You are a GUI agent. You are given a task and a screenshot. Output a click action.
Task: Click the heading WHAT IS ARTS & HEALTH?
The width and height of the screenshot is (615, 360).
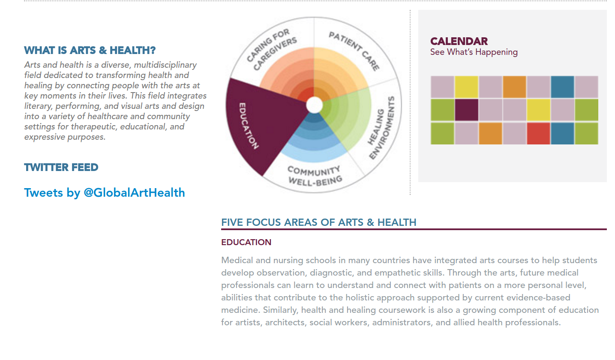click(90, 51)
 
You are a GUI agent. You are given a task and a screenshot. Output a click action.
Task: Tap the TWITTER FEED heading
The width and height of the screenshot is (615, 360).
click(61, 168)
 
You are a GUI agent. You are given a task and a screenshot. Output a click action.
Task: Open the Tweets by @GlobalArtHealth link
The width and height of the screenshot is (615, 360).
click(104, 193)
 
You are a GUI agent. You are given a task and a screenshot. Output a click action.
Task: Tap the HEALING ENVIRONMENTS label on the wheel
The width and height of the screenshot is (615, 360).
click(381, 128)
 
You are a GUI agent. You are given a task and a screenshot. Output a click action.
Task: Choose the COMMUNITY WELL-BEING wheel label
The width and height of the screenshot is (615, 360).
click(315, 176)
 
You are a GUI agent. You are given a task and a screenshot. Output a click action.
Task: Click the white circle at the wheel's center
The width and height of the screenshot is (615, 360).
click(315, 105)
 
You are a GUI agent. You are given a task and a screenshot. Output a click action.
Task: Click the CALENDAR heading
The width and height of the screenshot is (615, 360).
click(459, 42)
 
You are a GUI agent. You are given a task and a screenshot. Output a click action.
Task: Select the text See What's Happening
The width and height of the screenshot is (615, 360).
click(474, 52)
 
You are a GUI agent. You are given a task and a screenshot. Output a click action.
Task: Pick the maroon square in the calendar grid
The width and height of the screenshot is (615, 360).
click(466, 110)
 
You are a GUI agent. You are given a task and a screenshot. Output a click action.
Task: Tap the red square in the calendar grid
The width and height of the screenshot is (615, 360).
click(538, 133)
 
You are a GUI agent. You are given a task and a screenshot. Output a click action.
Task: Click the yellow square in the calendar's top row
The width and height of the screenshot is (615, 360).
click(466, 87)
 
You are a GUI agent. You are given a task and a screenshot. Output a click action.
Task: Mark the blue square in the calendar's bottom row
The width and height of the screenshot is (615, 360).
click(562, 133)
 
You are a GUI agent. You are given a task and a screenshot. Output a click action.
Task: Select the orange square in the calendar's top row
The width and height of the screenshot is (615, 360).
click(515, 87)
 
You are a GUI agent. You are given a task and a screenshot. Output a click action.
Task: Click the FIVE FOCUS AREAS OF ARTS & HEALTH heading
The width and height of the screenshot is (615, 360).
click(319, 222)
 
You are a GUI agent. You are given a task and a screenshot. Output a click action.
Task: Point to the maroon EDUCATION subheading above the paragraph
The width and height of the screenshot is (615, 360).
click(246, 242)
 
